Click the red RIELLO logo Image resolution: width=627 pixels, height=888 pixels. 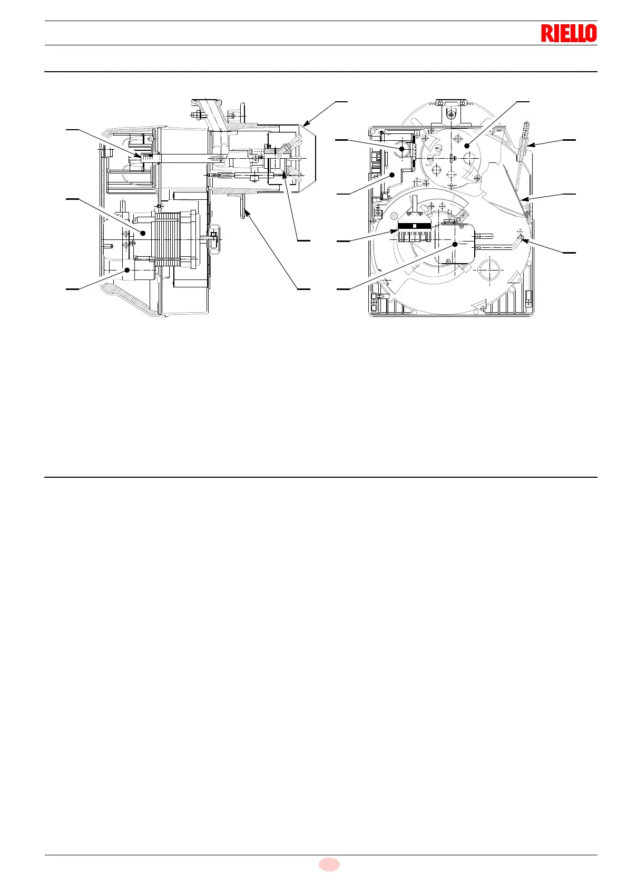pyautogui.click(x=569, y=33)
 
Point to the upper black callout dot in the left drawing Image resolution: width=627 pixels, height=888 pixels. pyautogui.click(x=142, y=233)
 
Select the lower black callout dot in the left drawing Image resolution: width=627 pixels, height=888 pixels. pyautogui.click(x=127, y=270)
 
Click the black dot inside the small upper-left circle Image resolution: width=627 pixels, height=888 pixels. pyautogui.click(x=401, y=149)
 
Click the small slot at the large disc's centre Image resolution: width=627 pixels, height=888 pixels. pyautogui.click(x=453, y=158)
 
